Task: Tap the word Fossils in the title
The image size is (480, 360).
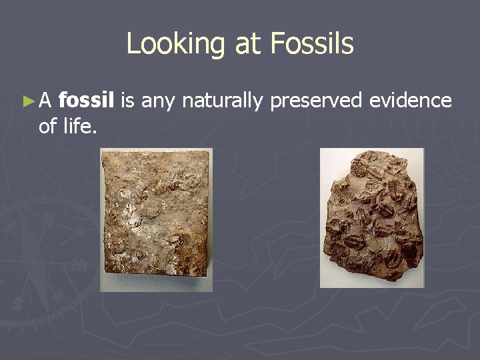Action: (312, 44)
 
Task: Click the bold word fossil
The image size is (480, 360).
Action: (87, 101)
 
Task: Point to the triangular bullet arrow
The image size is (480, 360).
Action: (27, 101)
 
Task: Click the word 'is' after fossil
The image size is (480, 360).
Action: (129, 101)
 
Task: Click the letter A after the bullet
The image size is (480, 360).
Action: (45, 101)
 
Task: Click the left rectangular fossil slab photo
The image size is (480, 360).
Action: (156, 219)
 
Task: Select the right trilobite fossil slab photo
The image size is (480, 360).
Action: (371, 218)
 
